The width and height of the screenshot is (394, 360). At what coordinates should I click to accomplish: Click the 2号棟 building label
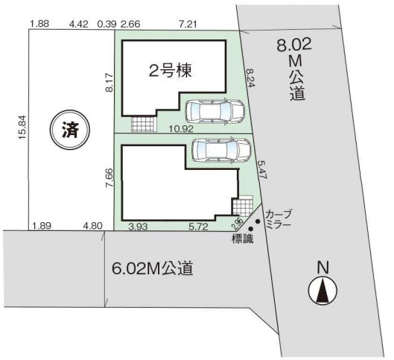(171, 71)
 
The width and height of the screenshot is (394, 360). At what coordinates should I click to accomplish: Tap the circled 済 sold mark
(69, 130)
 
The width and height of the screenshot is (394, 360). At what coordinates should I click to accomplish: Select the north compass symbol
(322, 291)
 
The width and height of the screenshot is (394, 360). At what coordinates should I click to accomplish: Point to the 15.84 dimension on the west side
(22, 127)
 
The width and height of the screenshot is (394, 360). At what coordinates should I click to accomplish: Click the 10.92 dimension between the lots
(181, 129)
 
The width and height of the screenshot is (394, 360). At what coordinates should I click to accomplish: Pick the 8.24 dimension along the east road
(251, 78)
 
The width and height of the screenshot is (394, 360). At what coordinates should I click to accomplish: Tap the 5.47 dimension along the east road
(261, 170)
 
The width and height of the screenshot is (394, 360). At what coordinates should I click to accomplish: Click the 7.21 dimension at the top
(187, 24)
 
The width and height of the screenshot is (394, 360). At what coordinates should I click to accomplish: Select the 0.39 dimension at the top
(107, 24)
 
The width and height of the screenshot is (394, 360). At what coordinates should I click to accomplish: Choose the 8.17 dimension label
(109, 83)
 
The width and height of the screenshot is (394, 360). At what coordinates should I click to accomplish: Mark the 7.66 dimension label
(109, 178)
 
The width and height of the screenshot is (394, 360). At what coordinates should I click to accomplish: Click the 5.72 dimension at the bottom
(199, 227)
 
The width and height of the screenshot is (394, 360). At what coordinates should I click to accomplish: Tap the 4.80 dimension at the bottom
(93, 226)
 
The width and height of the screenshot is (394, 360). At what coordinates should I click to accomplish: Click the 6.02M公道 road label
(153, 268)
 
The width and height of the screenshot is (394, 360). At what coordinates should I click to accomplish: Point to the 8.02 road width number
(294, 45)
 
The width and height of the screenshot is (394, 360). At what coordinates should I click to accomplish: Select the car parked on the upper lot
(215, 111)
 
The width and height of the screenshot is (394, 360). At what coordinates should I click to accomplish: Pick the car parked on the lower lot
(221, 150)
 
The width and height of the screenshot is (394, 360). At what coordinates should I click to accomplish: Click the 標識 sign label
(243, 239)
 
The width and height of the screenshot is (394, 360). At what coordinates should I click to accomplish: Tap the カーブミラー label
(279, 219)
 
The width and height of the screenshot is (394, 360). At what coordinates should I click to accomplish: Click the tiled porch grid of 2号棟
(142, 124)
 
